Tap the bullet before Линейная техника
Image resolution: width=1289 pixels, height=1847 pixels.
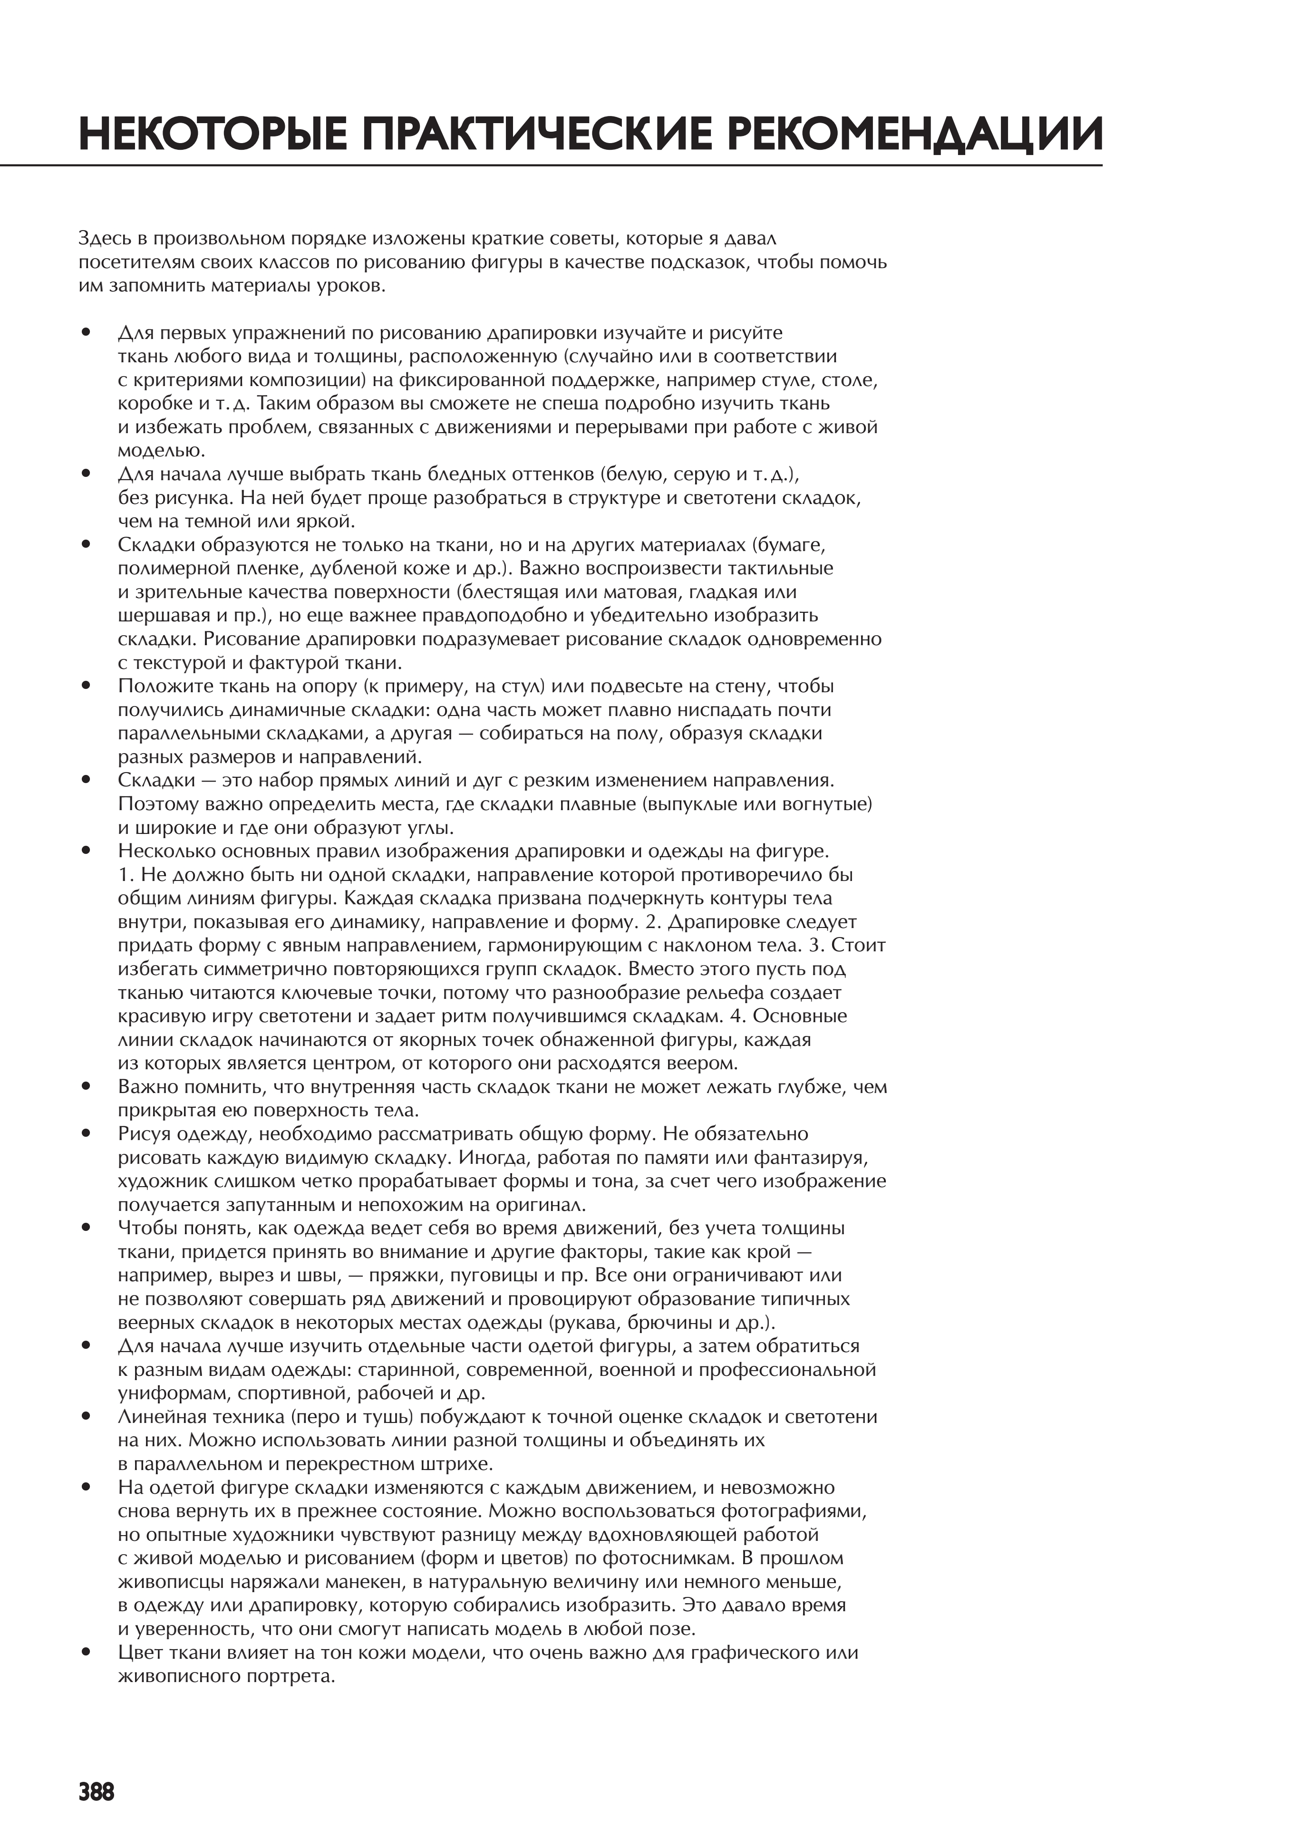tap(85, 1417)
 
